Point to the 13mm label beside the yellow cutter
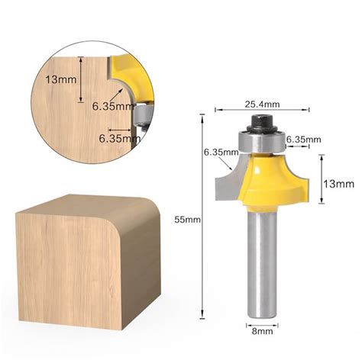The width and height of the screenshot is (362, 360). tap(338, 183)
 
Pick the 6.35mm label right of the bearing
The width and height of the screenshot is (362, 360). tap(302, 140)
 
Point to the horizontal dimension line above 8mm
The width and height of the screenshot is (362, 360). tap(263, 323)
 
